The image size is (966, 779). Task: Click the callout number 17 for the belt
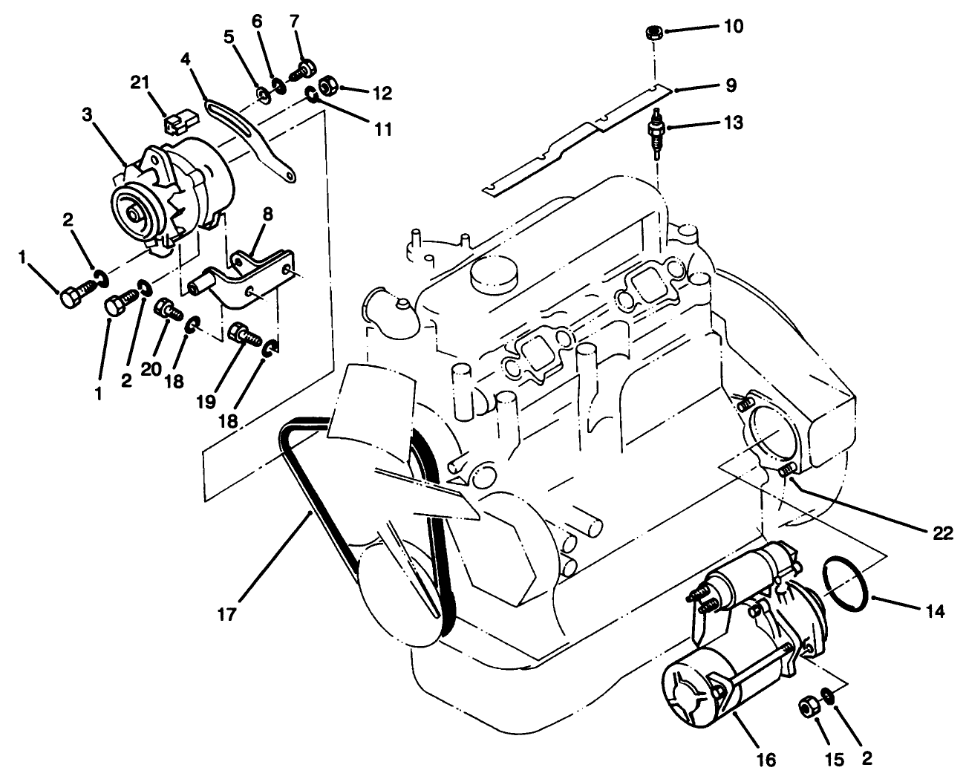[226, 614]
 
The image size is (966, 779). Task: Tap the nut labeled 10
[653, 32]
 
